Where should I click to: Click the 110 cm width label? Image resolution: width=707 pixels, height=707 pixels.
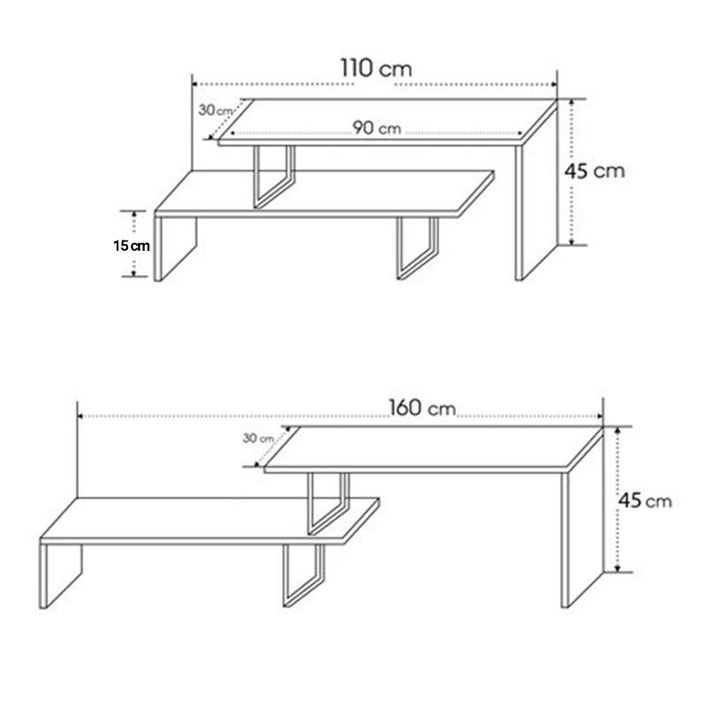[375, 69]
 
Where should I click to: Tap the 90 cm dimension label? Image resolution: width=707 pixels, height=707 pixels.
[377, 128]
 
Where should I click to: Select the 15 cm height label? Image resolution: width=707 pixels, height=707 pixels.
[131, 245]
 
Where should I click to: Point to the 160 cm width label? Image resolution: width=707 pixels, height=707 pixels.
[422, 408]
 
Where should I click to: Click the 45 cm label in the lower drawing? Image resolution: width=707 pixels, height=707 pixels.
[644, 501]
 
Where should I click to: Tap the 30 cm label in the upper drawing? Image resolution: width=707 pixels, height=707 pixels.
[215, 110]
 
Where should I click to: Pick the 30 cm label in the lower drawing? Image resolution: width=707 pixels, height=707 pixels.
[258, 437]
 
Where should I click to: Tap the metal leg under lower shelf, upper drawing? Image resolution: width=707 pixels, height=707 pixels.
[417, 248]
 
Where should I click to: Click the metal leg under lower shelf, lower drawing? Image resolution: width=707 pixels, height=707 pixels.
[303, 574]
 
